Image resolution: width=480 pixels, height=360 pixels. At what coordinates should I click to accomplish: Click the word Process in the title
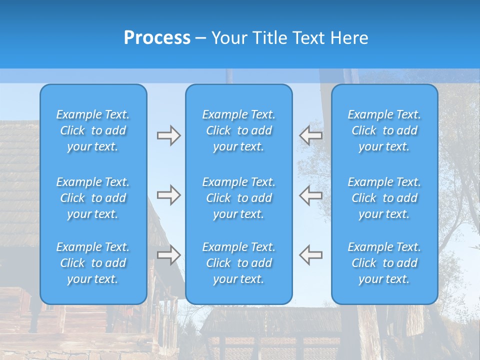click(157, 38)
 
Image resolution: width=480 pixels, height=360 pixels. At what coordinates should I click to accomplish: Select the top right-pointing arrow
click(169, 135)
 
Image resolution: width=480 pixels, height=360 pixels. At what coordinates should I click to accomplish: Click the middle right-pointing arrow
click(169, 195)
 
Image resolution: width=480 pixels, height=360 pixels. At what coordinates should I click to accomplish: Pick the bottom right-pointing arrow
click(169, 254)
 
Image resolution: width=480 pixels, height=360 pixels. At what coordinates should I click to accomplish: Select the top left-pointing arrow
click(310, 135)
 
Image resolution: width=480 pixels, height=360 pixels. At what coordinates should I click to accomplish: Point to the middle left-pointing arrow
click(310, 195)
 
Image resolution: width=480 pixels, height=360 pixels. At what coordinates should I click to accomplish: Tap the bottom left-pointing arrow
click(310, 254)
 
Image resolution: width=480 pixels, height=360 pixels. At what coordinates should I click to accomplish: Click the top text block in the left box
click(93, 130)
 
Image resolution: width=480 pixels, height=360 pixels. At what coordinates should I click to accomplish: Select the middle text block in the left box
click(93, 198)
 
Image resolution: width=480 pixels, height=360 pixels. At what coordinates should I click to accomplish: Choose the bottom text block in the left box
click(93, 263)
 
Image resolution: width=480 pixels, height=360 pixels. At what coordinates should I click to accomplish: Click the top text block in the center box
click(239, 130)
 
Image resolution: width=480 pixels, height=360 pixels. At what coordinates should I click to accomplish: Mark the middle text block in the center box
click(239, 198)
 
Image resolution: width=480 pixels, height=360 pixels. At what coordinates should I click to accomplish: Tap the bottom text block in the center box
click(239, 263)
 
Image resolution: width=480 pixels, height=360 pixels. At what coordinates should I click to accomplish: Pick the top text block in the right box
click(384, 130)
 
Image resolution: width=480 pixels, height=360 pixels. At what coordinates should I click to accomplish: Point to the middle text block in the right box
click(384, 198)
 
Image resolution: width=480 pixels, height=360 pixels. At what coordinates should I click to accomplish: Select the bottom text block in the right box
click(384, 263)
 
